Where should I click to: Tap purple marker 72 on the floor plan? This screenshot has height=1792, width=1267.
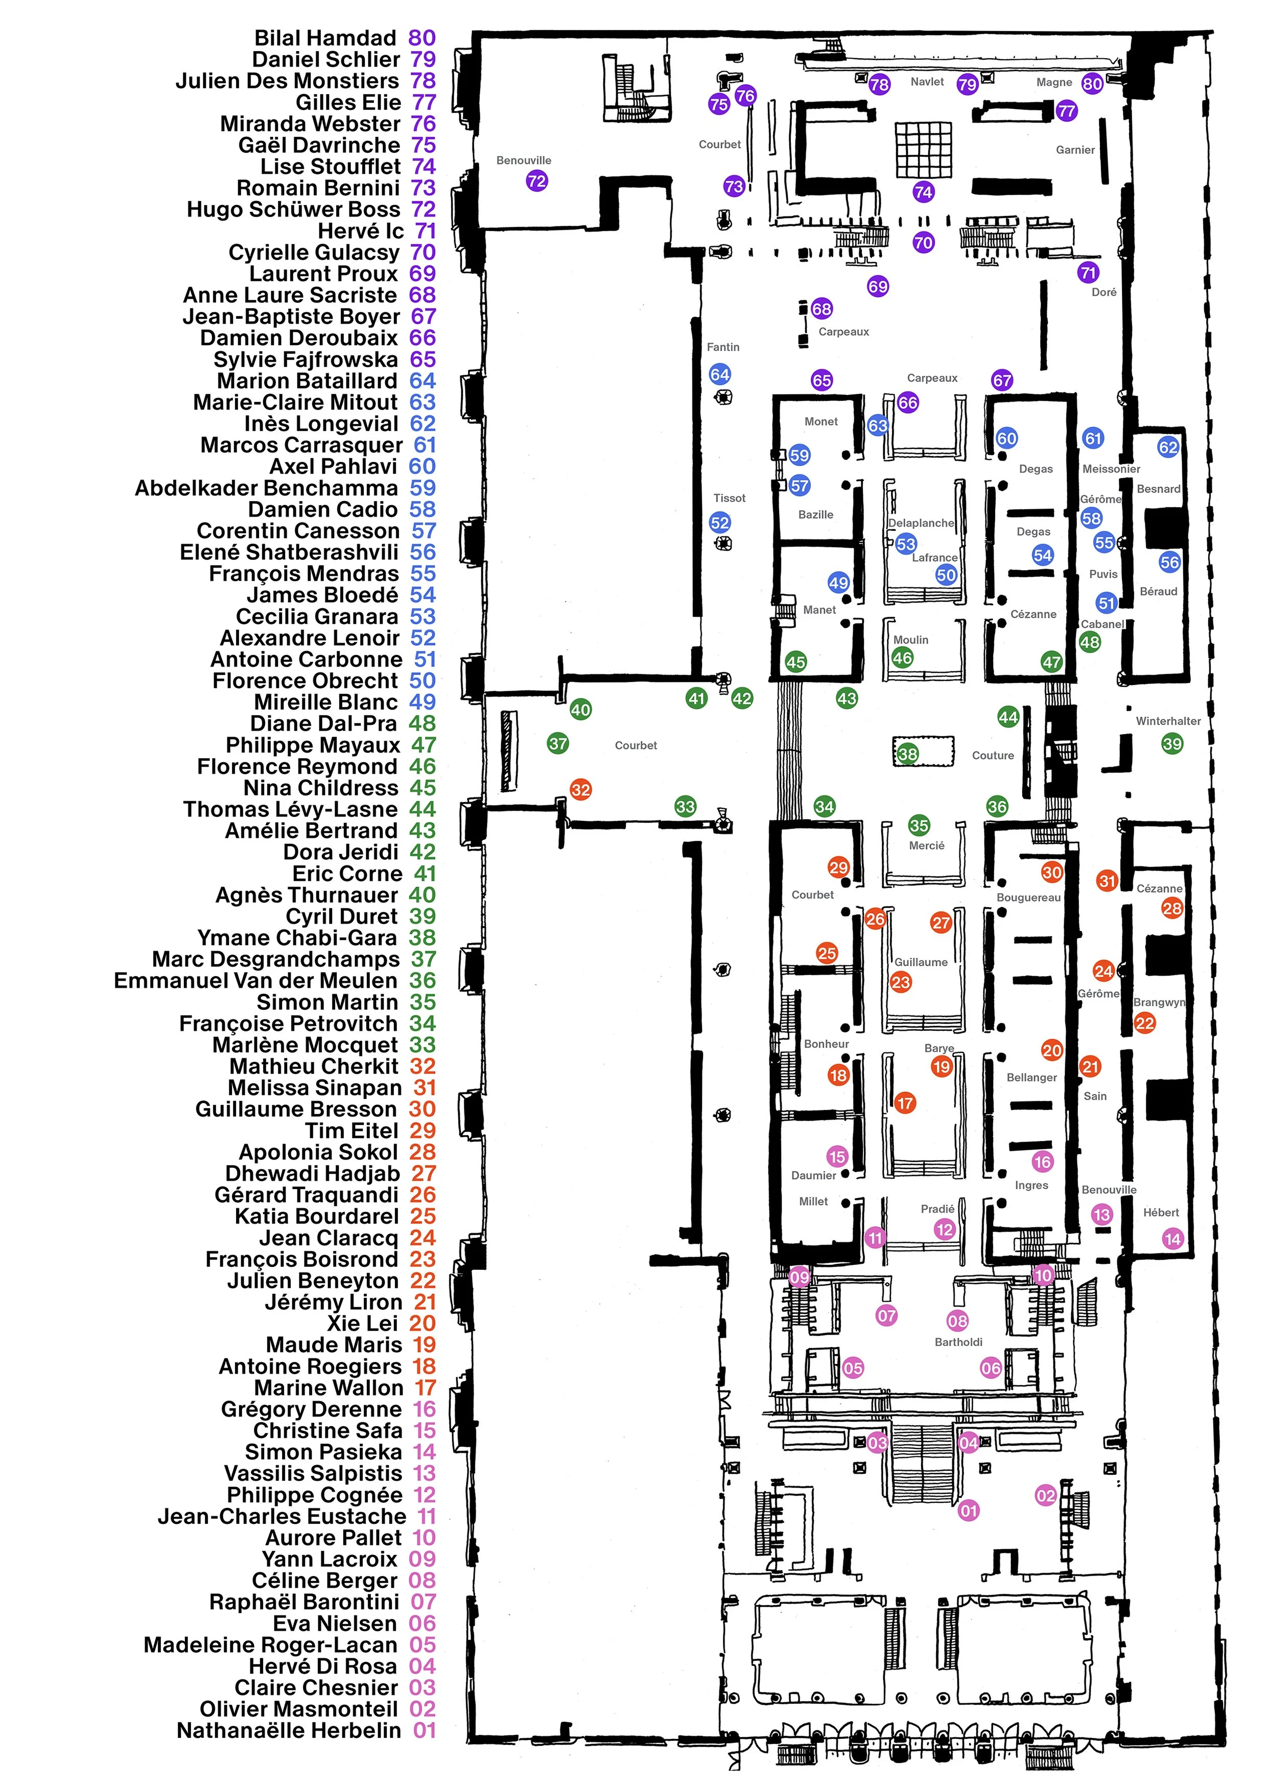point(536,181)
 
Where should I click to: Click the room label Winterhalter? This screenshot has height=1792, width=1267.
point(1168,721)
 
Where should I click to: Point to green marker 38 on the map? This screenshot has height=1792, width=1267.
point(907,754)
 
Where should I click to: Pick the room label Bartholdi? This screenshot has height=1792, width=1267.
point(958,1341)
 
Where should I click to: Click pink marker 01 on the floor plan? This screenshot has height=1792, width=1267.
point(968,1510)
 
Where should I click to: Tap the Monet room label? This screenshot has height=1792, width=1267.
point(820,421)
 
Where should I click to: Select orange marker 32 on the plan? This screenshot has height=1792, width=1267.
point(580,789)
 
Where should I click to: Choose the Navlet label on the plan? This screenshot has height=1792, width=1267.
point(927,81)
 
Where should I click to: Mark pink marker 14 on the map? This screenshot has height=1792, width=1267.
point(1172,1239)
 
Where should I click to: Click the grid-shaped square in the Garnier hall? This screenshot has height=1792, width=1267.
point(923,150)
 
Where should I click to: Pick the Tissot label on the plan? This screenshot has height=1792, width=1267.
point(729,498)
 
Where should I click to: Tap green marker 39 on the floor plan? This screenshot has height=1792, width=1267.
point(1172,744)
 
